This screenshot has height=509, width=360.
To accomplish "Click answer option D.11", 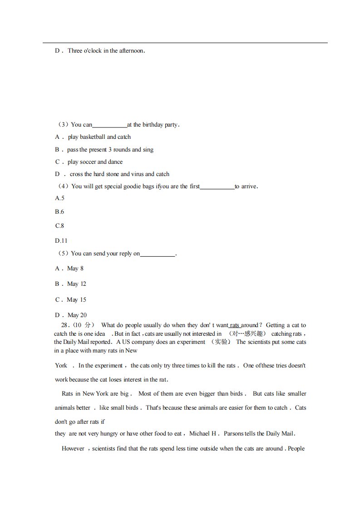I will (x=61, y=240).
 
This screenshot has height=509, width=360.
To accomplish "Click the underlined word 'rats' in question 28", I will (x=235, y=325).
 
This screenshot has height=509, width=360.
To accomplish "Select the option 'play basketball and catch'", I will (x=99, y=137).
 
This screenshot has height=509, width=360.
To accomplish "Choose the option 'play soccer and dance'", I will (x=95, y=162).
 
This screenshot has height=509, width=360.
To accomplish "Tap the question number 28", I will (x=64, y=325).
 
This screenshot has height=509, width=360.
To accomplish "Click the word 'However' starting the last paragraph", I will (x=73, y=448).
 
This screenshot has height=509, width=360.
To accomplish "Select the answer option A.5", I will (x=59, y=198).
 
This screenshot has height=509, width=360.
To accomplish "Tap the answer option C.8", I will (x=59, y=225).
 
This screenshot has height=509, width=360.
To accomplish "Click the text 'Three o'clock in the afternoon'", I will (x=106, y=50).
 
